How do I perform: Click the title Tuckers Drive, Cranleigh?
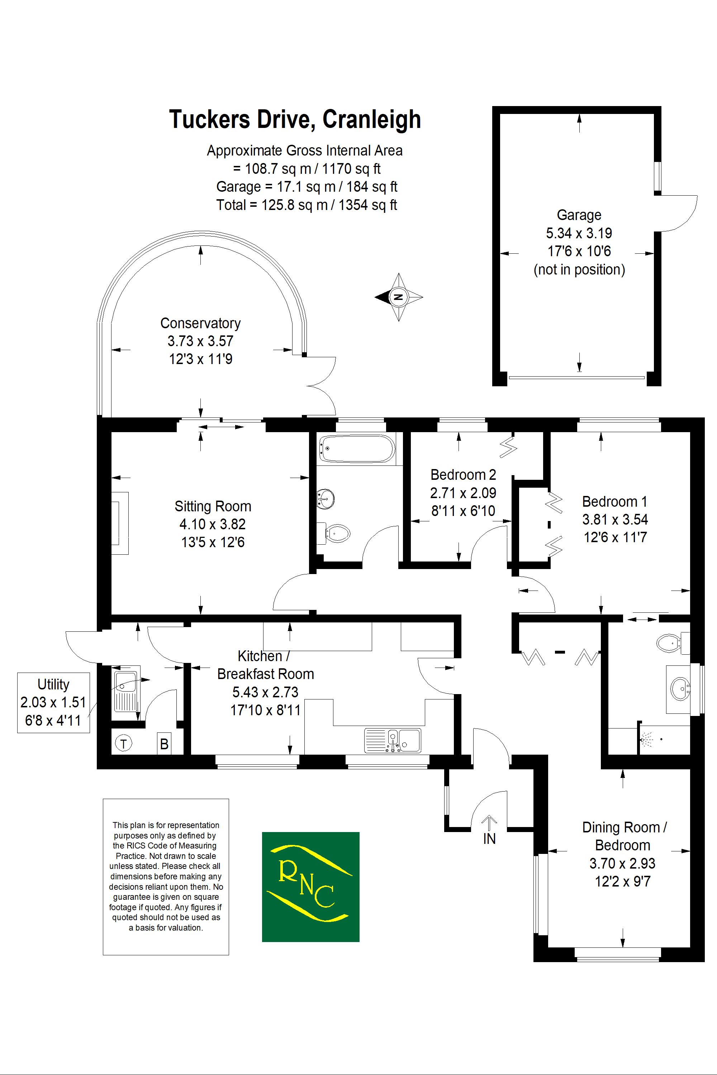click(295, 120)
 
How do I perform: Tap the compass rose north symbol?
click(398, 297)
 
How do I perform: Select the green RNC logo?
click(310, 887)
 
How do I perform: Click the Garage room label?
click(579, 215)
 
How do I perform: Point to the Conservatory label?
click(200, 323)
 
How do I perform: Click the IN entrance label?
click(489, 839)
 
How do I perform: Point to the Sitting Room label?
click(213, 506)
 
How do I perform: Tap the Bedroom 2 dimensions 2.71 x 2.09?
click(463, 493)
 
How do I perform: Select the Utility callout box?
click(53, 702)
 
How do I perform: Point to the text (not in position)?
click(579, 270)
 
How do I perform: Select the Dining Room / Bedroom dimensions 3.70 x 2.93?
click(622, 863)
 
